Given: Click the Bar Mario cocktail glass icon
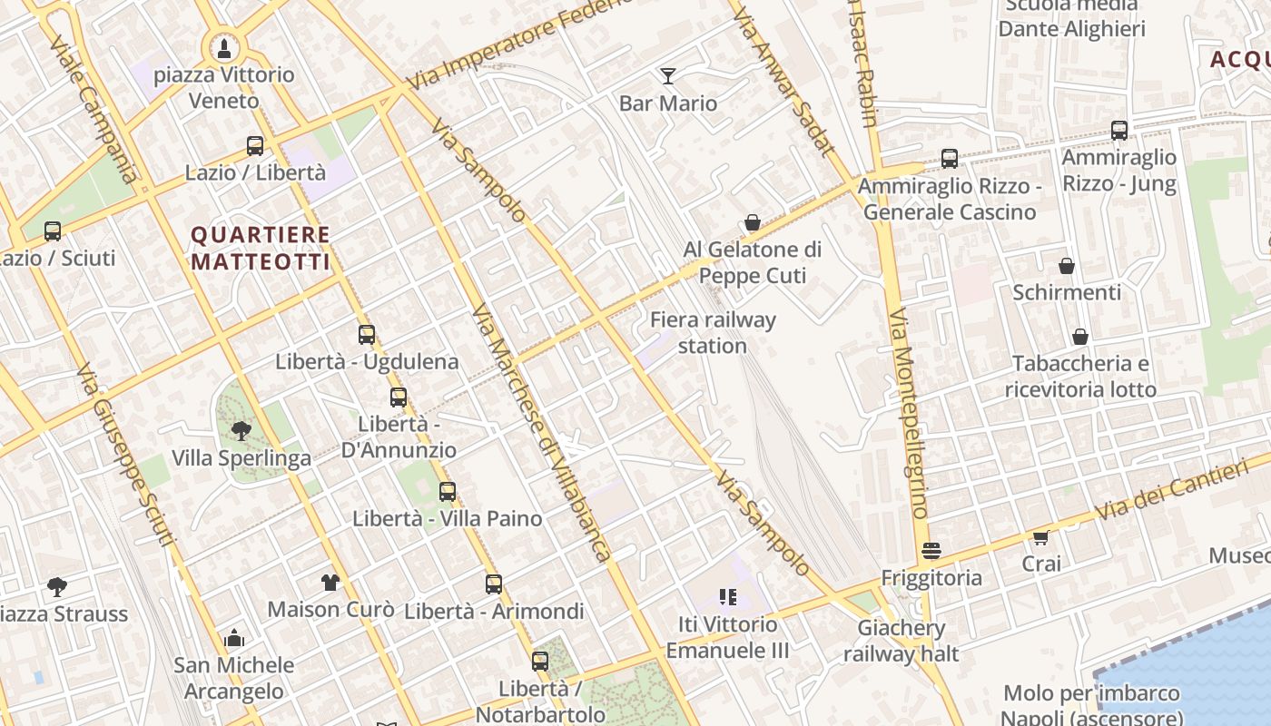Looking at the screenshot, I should [x=668, y=75].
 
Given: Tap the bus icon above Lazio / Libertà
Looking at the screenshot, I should [x=255, y=145].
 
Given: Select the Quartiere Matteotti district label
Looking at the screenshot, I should [x=260, y=248].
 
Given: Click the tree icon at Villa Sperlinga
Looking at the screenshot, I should [x=241, y=430].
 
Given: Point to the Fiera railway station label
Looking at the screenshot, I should [x=713, y=333].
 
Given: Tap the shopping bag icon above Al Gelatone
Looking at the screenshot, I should [x=753, y=222].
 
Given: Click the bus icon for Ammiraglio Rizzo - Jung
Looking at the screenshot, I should [x=1119, y=130].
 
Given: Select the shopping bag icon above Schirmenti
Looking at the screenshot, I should [x=1067, y=266].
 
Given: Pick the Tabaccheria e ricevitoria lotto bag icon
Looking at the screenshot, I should [x=1080, y=337].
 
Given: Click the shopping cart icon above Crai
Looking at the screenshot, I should [x=1041, y=537].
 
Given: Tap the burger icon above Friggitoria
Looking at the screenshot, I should [x=931, y=551].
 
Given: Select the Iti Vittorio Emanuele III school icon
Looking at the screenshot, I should [x=728, y=597].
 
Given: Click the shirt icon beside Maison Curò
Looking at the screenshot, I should [x=330, y=582].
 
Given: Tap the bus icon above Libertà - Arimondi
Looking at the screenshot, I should [x=494, y=584].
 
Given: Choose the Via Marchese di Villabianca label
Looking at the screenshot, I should [x=541, y=433].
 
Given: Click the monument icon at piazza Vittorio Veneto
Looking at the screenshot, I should [x=223, y=47].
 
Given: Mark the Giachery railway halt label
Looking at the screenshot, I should [x=902, y=641].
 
